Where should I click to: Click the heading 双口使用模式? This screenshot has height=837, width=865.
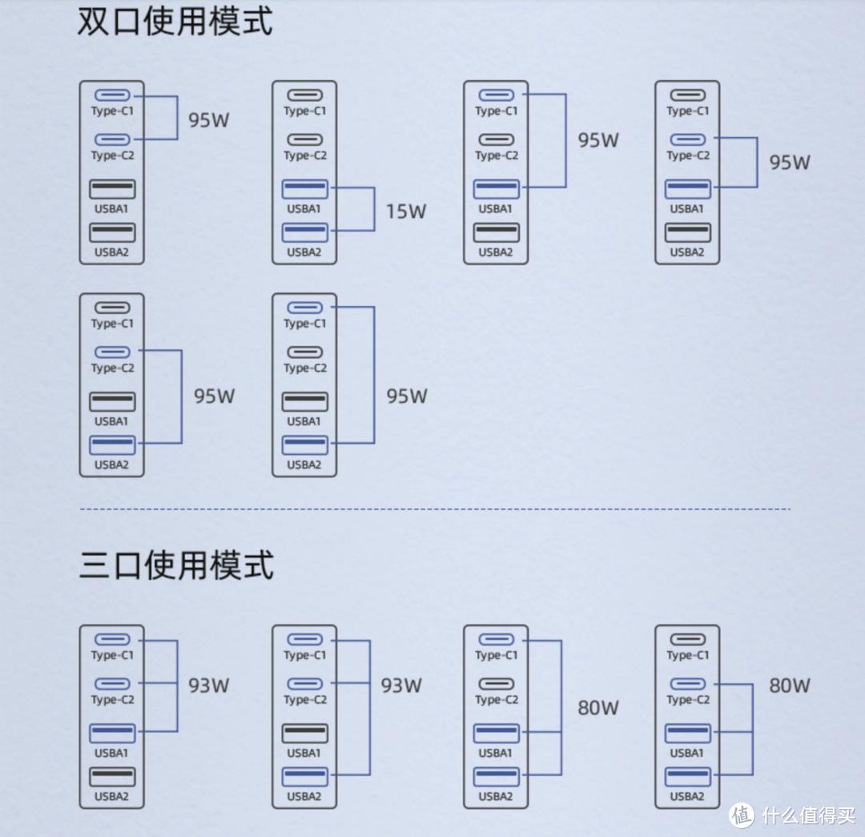175,21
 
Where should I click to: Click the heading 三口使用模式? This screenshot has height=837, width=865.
176,565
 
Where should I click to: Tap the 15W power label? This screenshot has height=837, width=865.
406,211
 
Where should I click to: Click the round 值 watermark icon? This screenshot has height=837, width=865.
742,815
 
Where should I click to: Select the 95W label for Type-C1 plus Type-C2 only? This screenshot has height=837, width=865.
209,120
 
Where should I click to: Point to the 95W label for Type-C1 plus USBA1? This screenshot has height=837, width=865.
598,140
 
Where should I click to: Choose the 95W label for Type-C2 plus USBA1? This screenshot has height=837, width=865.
790,163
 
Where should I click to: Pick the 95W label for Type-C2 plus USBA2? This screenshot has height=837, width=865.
214,396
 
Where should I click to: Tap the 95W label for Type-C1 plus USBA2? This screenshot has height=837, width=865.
407,396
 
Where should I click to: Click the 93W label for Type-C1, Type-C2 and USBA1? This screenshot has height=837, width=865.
209,686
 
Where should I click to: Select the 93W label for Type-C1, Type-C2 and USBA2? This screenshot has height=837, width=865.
401,686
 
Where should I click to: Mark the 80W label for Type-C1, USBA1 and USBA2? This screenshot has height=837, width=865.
598,708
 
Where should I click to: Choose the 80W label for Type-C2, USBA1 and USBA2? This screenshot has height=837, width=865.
790,686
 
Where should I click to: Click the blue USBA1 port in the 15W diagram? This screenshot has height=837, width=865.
304,189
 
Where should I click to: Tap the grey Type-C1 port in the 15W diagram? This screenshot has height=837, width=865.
304,95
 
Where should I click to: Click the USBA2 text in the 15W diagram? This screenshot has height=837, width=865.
304,252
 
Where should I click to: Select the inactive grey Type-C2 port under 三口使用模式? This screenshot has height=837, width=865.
497,684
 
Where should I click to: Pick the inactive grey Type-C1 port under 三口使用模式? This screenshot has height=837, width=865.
688,639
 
